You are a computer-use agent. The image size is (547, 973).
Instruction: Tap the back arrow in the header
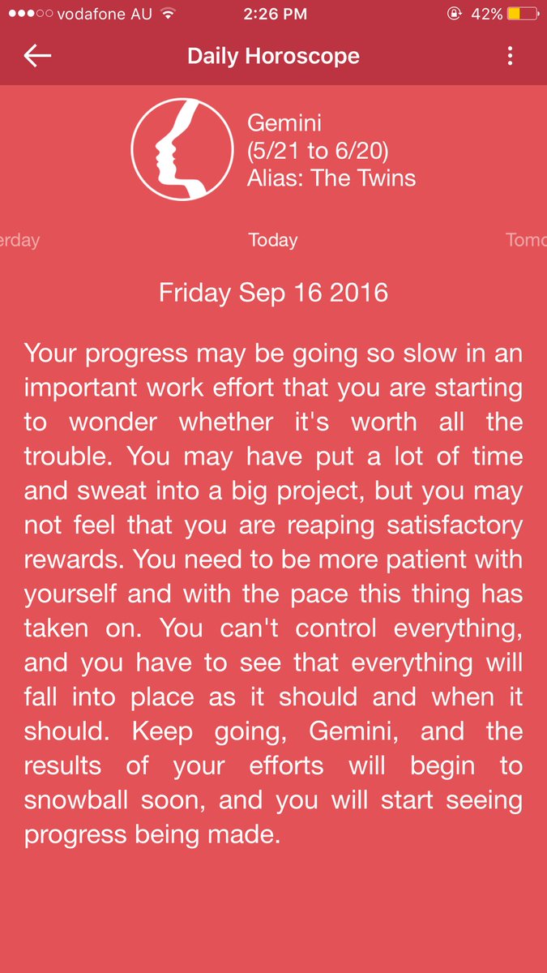pyautogui.click(x=37, y=56)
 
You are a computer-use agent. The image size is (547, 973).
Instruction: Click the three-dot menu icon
pyautogui.click(x=510, y=56)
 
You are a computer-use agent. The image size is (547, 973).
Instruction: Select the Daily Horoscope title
pyautogui.click(x=273, y=56)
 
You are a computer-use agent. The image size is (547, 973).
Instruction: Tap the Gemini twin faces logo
pyautogui.click(x=181, y=149)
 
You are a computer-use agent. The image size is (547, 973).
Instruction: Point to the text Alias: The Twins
pyautogui.click(x=331, y=178)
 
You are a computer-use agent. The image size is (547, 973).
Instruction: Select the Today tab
pyautogui.click(x=273, y=240)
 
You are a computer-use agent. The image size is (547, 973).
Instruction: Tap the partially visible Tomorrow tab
pyautogui.click(x=526, y=240)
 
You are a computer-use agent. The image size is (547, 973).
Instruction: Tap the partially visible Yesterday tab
pyautogui.click(x=19, y=240)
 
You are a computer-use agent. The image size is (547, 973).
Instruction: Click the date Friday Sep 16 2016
pyautogui.click(x=273, y=292)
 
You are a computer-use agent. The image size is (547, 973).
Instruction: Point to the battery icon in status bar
pyautogui.click(x=526, y=14)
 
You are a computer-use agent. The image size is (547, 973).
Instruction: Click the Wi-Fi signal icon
pyautogui.click(x=169, y=14)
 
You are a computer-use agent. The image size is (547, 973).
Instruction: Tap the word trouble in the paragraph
pyautogui.click(x=71, y=456)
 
